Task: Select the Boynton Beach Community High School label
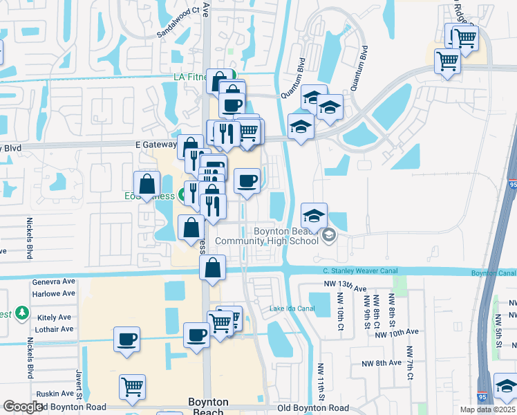point(265,236)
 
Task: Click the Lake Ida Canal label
point(287,308)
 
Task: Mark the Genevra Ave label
point(53,282)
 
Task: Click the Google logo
point(22,407)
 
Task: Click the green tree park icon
point(22,313)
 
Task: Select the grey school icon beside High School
point(329,236)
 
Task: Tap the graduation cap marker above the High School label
point(313,214)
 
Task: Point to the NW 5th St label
point(498,325)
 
